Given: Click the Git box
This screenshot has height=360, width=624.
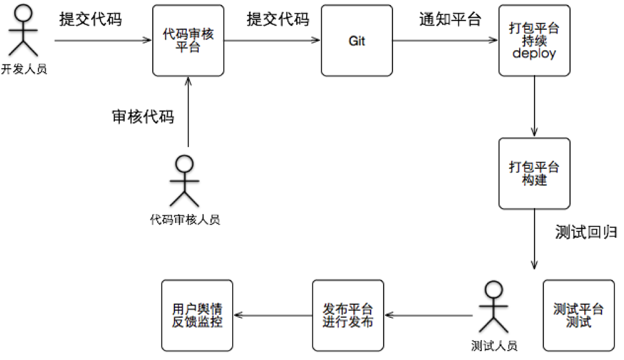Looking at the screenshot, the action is coord(356,40).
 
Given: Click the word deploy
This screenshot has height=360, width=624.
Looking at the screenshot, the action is coord(534,54).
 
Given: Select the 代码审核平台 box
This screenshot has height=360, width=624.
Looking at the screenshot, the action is coord(188,40).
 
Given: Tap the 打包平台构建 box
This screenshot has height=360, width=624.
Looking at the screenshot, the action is coord(534,173).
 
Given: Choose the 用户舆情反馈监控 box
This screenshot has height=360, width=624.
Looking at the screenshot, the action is coord(197,315).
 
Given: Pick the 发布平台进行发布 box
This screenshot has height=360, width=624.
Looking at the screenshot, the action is coord(348,315).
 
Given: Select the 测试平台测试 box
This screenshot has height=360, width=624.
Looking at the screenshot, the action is coord(578,315).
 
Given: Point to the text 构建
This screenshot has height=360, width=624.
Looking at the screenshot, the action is coord(534,180).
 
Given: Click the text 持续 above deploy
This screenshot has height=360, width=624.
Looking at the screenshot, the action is coord(534,41).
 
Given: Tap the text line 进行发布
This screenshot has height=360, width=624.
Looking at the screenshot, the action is coord(348,322).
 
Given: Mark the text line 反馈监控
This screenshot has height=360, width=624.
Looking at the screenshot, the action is coord(197,322).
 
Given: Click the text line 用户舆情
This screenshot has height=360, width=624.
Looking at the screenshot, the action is coord(197,308).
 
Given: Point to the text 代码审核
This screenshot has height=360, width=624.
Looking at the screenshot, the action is coord(188,34).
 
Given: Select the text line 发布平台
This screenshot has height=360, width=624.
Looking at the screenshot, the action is coord(348,308).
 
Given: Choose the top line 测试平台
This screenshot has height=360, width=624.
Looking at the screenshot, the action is coord(578,308).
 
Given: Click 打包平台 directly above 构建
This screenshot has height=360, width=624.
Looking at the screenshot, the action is coord(534,167).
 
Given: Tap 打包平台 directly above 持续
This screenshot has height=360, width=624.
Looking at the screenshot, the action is coord(534,29).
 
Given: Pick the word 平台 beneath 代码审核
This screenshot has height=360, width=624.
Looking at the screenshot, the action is coord(188,47).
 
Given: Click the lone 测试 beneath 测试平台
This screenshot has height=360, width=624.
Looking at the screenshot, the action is coord(578,322).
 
